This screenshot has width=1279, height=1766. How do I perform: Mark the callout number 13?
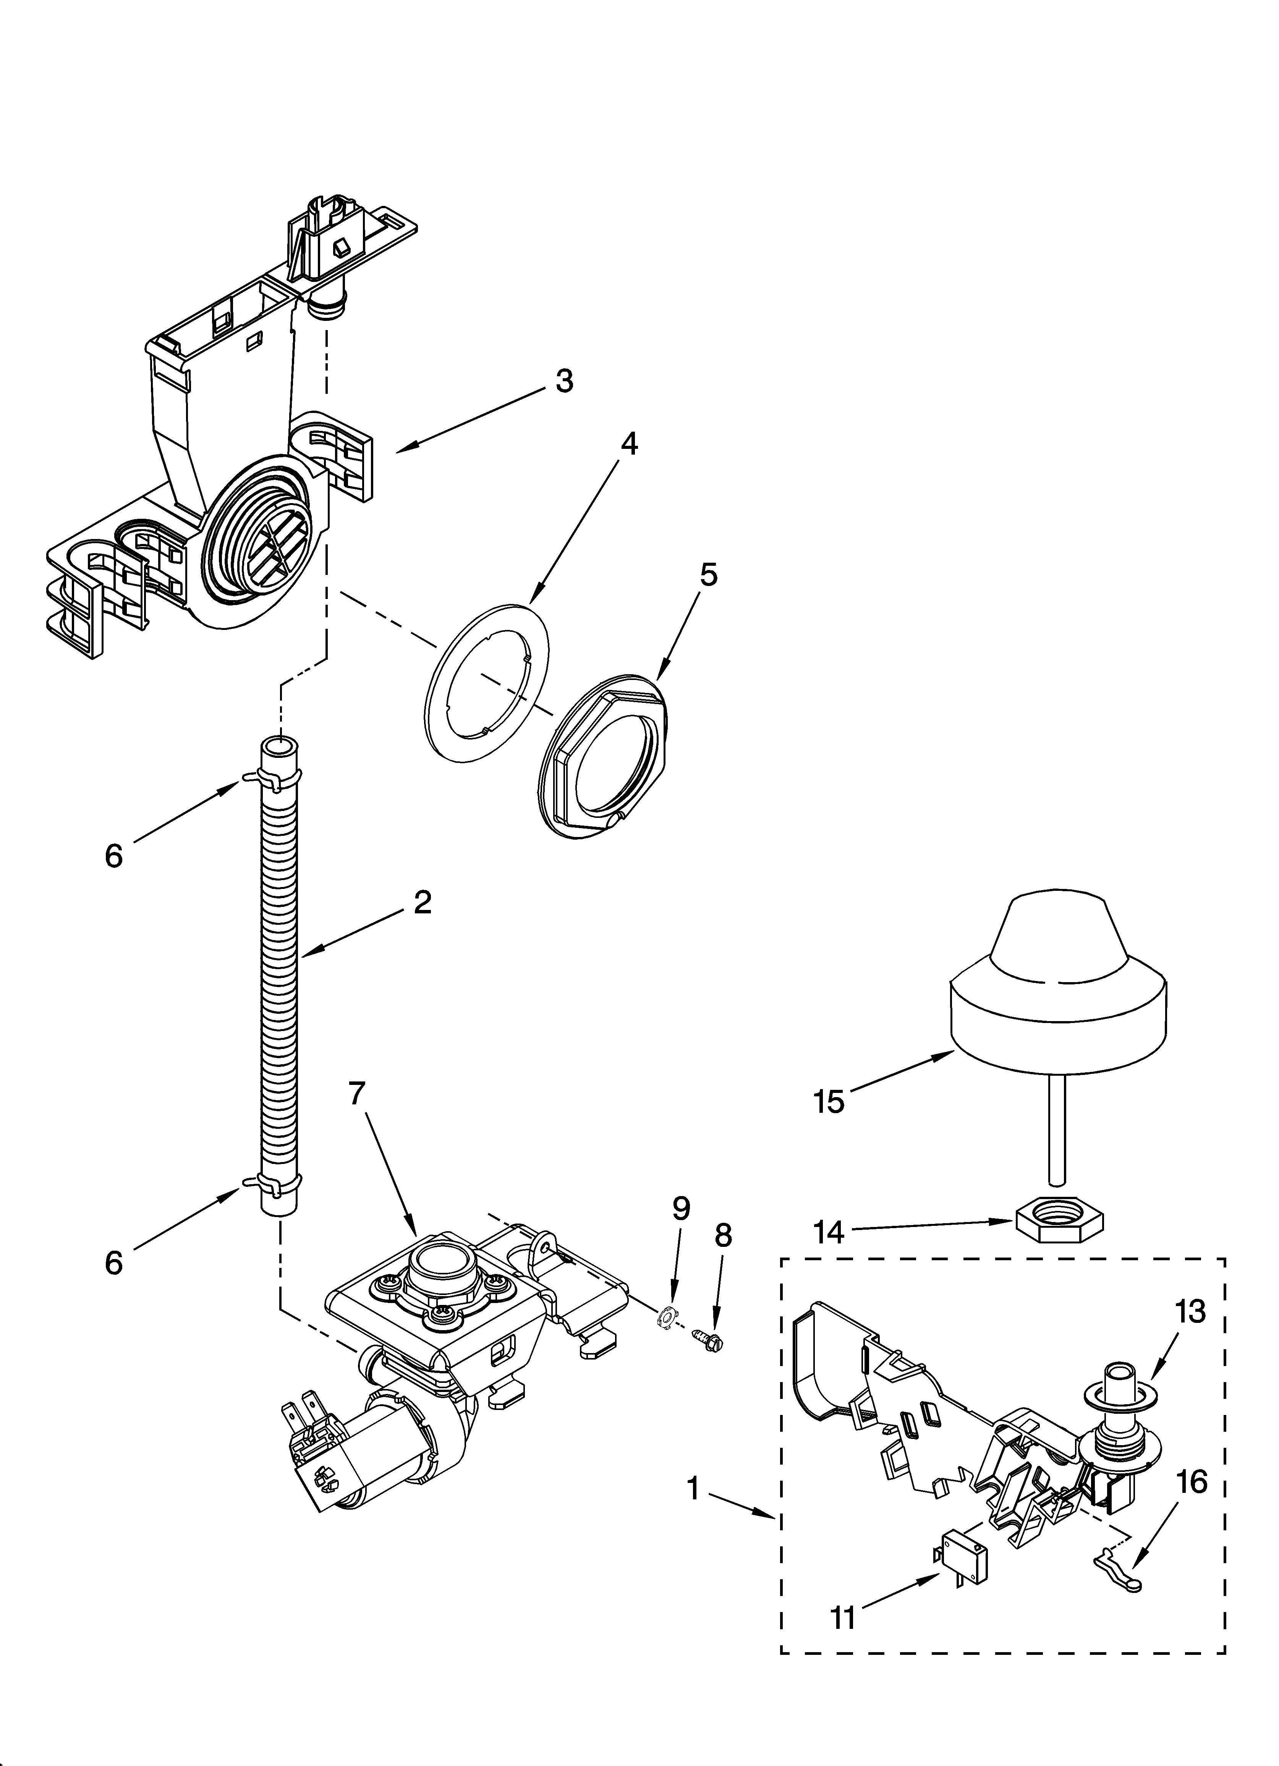click(1191, 1312)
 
